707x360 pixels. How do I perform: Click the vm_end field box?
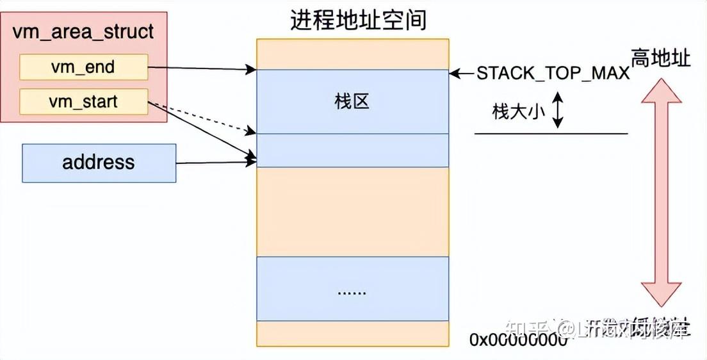(84, 67)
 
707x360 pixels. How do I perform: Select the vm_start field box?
(84, 102)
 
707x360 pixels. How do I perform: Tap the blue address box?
(99, 163)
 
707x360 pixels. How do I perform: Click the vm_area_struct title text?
(83, 31)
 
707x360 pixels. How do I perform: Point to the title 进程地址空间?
(358, 20)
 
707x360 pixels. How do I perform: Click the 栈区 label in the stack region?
(352, 101)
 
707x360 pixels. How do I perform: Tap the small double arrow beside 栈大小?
(557, 110)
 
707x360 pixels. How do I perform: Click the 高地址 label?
(661, 59)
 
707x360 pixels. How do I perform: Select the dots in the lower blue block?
(352, 291)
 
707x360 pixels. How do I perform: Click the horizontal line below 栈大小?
(551, 133)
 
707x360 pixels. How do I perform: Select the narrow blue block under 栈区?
(352, 150)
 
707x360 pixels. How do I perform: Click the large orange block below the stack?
(352, 211)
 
